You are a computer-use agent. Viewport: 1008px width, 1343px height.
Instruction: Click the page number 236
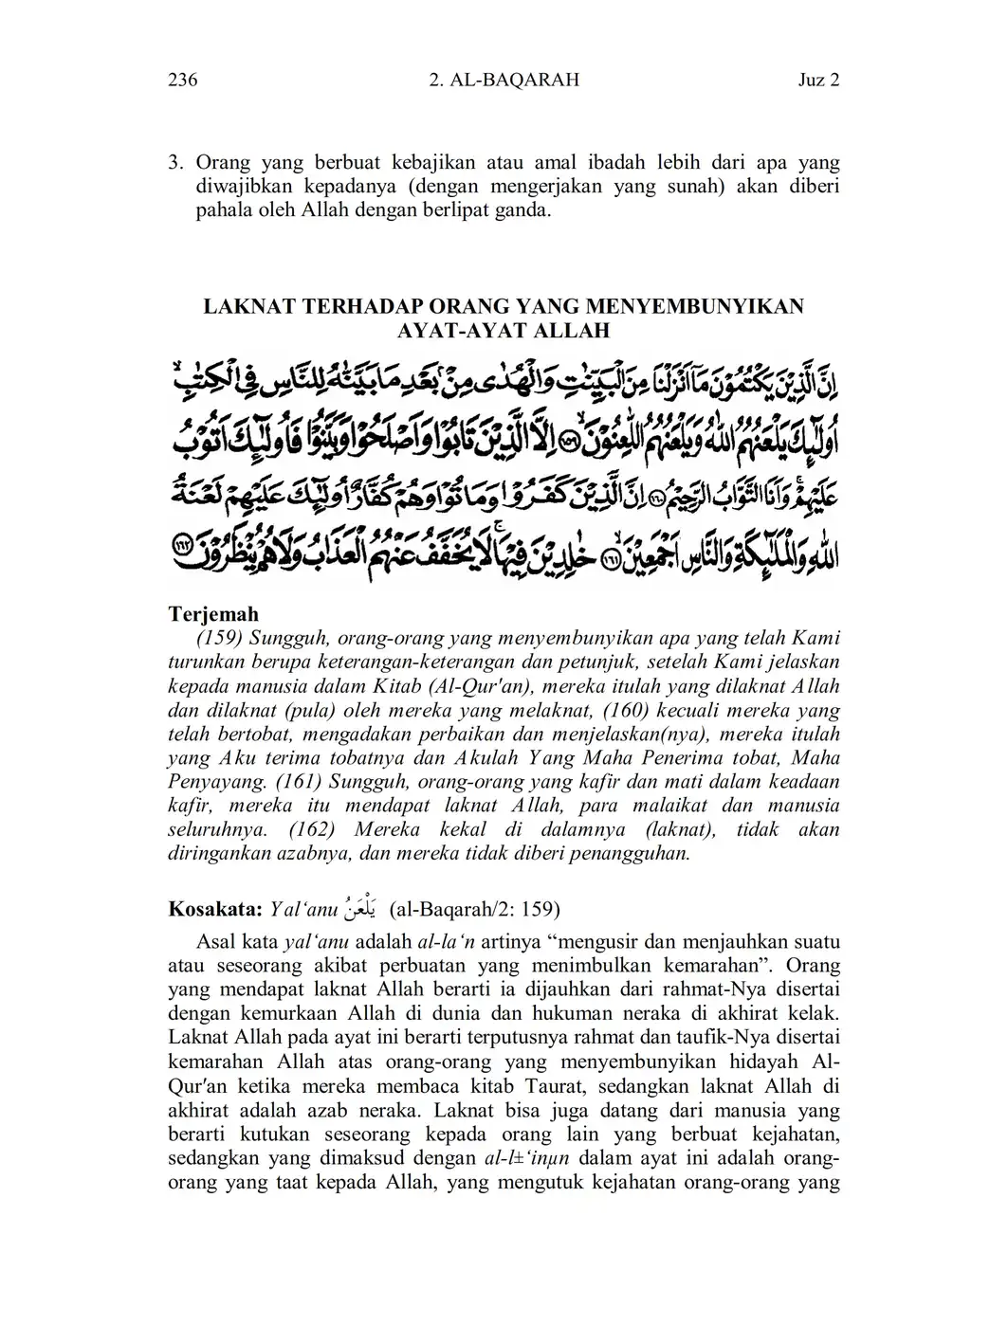[182, 81]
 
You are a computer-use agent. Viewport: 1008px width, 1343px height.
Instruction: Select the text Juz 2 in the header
[818, 81]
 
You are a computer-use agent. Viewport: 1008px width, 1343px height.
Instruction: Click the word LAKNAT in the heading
[249, 306]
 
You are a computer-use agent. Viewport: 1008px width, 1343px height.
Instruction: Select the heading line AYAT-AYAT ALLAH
[504, 331]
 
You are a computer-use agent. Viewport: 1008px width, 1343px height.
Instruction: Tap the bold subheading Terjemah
[213, 614]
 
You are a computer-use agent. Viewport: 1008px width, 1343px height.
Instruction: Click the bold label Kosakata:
[214, 910]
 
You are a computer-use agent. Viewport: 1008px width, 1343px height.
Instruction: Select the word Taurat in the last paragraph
[598, 1086]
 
